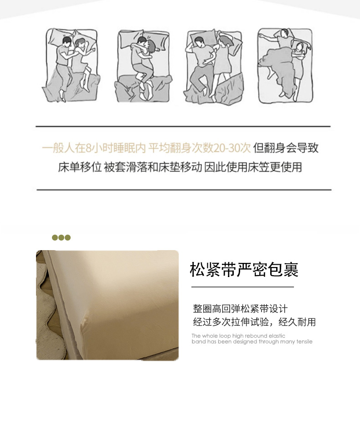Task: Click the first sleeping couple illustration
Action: pyautogui.click(x=71, y=65)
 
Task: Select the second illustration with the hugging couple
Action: pyautogui.click(x=143, y=66)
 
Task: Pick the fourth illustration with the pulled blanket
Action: pyautogui.click(x=285, y=66)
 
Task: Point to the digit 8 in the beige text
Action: pyautogui.click(x=88, y=148)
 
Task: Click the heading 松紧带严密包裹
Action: pyautogui.click(x=244, y=270)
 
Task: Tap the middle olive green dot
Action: pyautogui.click(x=61, y=238)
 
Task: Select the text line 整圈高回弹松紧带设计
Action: pyautogui.click(x=240, y=308)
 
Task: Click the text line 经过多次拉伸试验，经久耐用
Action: pyautogui.click(x=254, y=322)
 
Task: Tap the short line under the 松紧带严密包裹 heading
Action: pyautogui.click(x=242, y=287)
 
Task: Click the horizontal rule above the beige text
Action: pyautogui.click(x=183, y=127)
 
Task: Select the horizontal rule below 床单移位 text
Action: pyautogui.click(x=184, y=190)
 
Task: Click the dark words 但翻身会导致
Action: pyautogui.click(x=286, y=148)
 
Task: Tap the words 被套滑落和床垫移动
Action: pyautogui.click(x=153, y=167)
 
